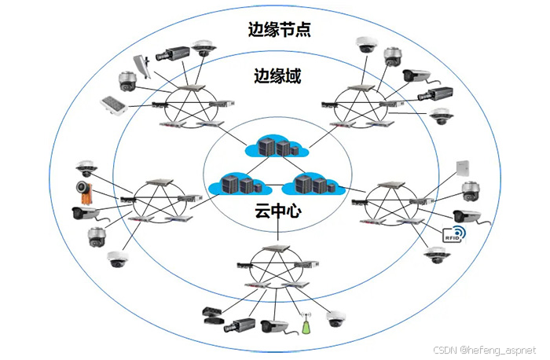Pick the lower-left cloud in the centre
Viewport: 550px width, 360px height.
(239, 184)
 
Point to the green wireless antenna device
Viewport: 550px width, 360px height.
(307, 323)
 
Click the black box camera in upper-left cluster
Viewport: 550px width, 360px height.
(173, 53)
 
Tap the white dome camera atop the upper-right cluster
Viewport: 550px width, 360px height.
(365, 43)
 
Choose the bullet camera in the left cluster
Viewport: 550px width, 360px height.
(84, 211)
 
